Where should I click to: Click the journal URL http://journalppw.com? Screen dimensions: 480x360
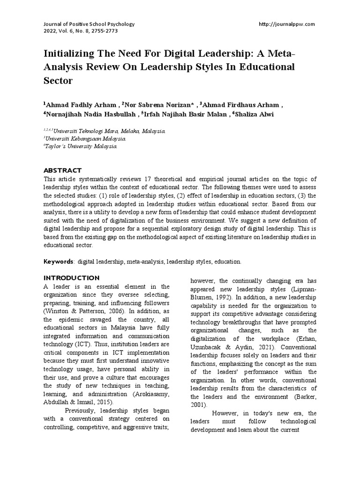click(286, 24)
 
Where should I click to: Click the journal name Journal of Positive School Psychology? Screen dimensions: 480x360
click(82, 24)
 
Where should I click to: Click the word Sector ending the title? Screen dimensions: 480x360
click(59, 81)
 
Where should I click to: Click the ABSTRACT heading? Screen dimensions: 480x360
click(62, 170)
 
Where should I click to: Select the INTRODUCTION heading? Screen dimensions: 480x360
click(71, 277)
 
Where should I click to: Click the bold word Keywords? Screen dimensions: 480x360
click(58, 261)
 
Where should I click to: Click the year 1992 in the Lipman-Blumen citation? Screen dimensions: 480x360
click(224, 297)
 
